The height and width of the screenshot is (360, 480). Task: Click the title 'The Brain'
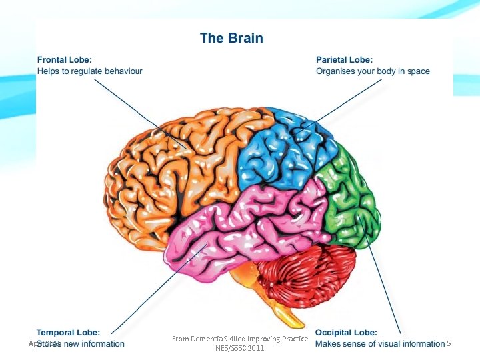point(231,38)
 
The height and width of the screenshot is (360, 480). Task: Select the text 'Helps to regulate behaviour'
point(89,71)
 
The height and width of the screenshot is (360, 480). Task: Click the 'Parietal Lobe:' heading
point(344,59)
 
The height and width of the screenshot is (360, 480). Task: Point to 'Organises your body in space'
point(373,71)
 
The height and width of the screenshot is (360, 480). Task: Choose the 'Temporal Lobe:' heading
point(69,332)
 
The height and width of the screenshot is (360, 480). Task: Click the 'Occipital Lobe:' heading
point(346,332)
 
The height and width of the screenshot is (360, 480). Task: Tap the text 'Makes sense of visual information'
point(379,344)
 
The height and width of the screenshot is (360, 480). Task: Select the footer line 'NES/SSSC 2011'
point(240,348)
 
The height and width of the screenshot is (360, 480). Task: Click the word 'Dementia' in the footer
point(207,339)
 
